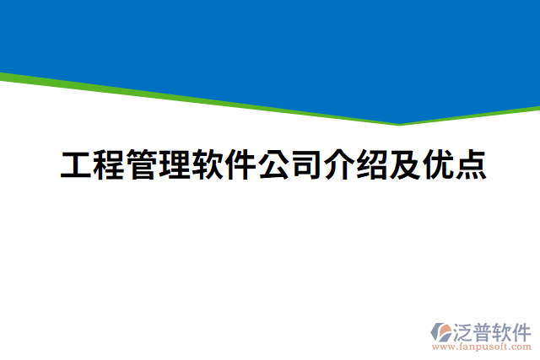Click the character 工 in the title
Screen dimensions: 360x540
point(76,165)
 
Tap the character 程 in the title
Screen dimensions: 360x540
point(109,165)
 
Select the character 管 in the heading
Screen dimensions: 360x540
point(142,165)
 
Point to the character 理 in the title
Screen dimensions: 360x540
point(175,165)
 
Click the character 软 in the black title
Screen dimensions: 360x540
point(208,165)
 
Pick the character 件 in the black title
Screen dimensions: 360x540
point(240,165)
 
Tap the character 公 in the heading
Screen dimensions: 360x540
point(273,165)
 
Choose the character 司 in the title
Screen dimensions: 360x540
point(306,165)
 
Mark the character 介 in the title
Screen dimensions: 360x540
point(339,165)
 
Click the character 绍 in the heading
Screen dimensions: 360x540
point(372,165)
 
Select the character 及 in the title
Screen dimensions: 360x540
point(405,165)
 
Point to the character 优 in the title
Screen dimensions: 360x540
point(438,165)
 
